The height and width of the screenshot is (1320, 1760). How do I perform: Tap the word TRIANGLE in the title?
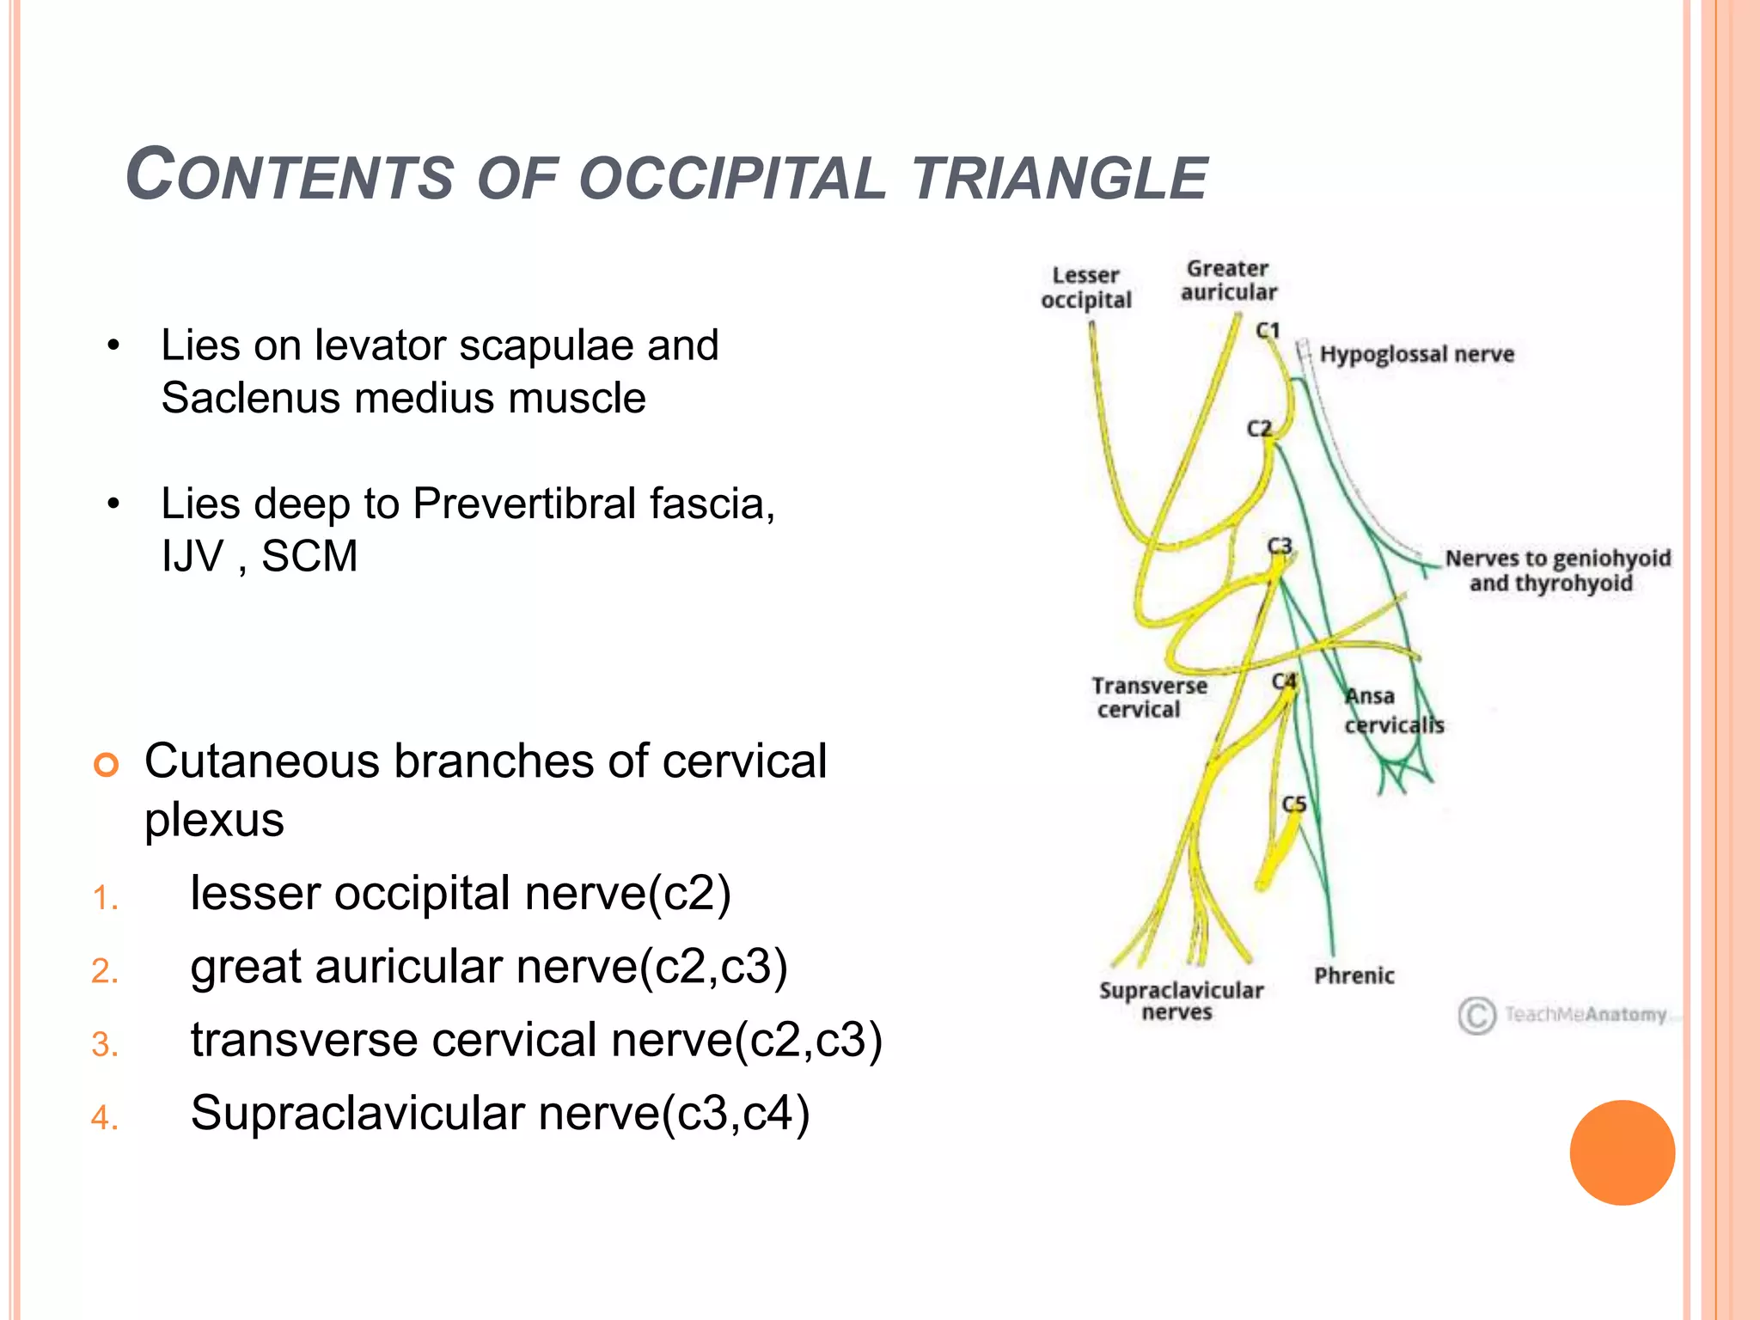click(x=1059, y=178)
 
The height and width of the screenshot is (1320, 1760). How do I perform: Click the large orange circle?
click(x=1622, y=1152)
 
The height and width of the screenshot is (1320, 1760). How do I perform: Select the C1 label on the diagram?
click(x=1268, y=330)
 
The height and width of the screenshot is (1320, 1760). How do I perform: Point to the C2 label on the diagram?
click(x=1259, y=428)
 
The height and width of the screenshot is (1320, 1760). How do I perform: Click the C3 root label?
click(x=1280, y=546)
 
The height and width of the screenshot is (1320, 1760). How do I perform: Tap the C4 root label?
click(x=1284, y=681)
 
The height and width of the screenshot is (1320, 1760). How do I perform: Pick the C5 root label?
click(x=1293, y=804)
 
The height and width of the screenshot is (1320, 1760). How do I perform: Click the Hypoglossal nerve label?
click(x=1416, y=354)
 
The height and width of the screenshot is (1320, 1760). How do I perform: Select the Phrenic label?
click(x=1354, y=975)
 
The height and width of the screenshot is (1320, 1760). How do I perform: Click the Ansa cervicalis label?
click(x=1392, y=711)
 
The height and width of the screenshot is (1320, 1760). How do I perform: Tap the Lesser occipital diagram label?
click(x=1086, y=288)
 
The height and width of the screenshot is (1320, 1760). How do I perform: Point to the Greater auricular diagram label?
click(x=1228, y=280)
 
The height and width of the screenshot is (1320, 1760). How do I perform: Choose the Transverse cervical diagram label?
click(x=1148, y=697)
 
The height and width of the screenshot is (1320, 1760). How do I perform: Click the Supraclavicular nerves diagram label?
click(x=1181, y=1001)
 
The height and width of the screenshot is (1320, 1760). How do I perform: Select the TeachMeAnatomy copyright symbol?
click(x=1476, y=1015)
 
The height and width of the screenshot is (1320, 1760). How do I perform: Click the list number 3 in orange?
click(x=104, y=1044)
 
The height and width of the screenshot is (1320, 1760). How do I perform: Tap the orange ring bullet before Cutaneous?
click(x=106, y=763)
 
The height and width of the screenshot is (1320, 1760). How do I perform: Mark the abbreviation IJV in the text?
click(x=192, y=556)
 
